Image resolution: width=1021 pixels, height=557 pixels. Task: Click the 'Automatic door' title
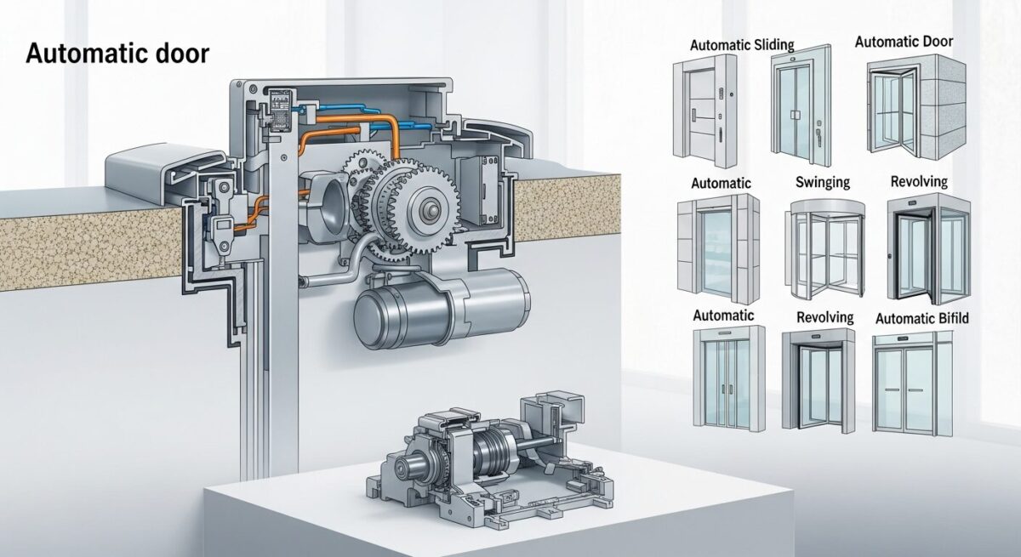(x=117, y=54)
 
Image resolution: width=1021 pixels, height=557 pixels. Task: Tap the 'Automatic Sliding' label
(x=742, y=45)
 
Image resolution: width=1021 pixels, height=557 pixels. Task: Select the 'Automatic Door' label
(x=904, y=42)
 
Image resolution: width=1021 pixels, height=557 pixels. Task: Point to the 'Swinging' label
(x=823, y=182)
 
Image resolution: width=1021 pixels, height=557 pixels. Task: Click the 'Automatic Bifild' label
(x=922, y=318)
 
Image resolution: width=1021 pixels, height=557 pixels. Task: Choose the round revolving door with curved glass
(x=824, y=251)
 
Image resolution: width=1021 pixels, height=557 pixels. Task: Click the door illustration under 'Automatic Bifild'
(x=912, y=384)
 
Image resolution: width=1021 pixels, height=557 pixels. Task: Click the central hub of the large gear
(x=430, y=210)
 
